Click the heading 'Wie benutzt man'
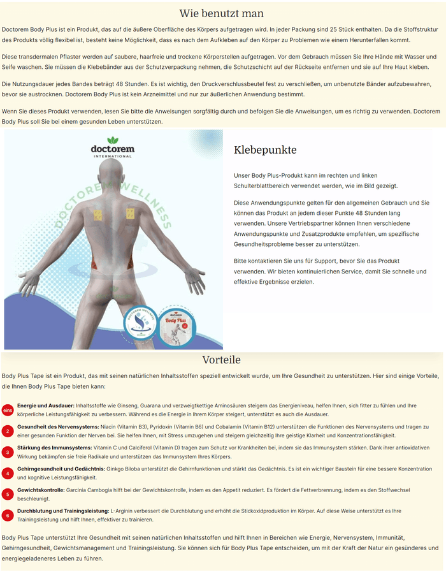(x=222, y=13)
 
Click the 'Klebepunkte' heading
(x=265, y=150)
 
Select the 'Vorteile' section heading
(x=222, y=360)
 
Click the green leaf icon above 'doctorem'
(x=113, y=140)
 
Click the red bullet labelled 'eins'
(x=8, y=410)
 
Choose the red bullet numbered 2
(x=8, y=431)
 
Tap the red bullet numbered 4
(x=8, y=473)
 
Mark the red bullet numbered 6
(x=8, y=515)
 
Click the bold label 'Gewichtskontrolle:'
(x=41, y=490)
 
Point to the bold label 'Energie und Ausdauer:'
(x=46, y=405)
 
